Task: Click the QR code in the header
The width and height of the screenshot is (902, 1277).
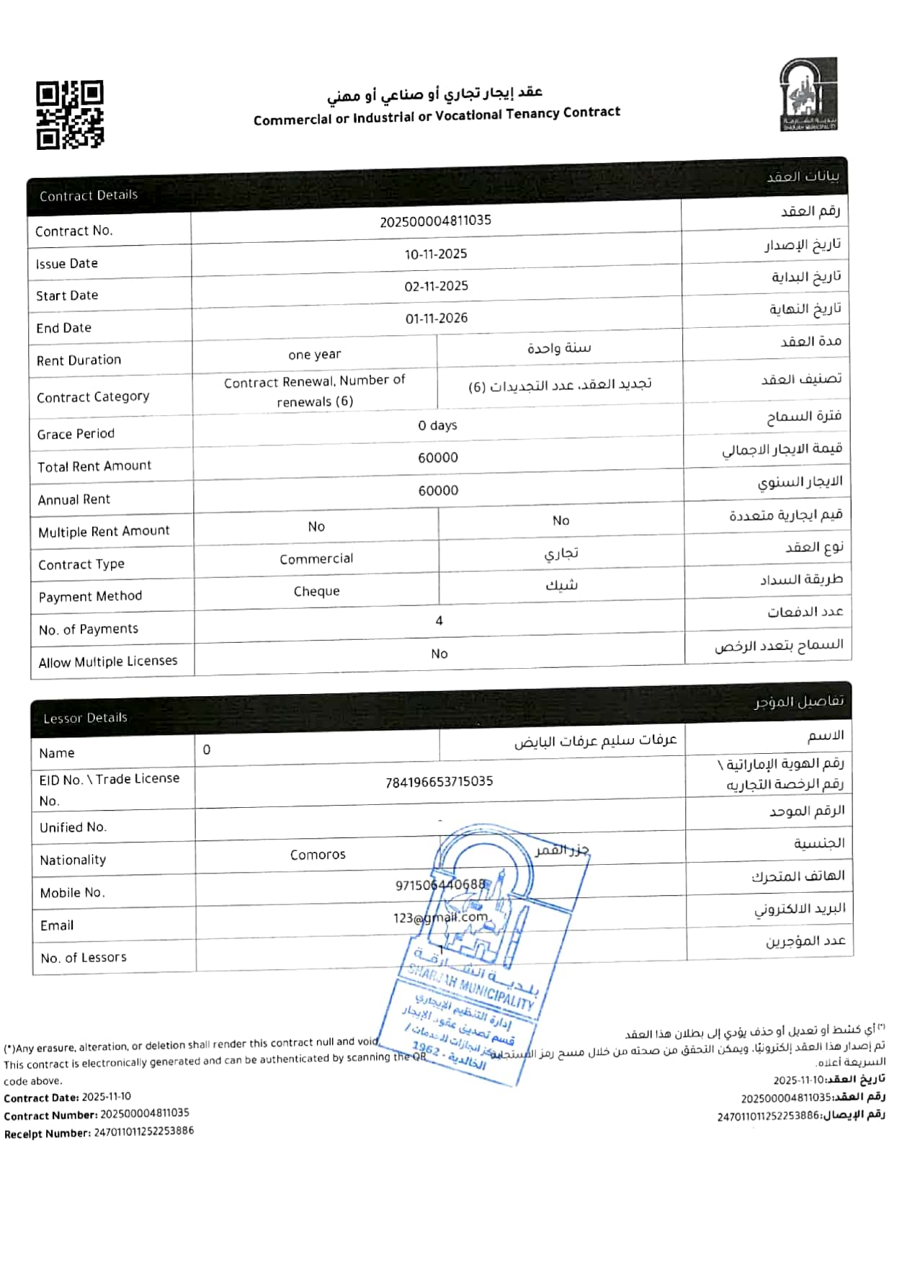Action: (x=70, y=115)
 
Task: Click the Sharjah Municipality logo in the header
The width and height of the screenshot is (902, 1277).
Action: (x=808, y=94)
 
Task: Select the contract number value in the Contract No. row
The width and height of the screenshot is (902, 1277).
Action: (x=435, y=221)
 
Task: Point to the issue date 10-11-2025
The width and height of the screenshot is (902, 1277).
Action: (x=435, y=254)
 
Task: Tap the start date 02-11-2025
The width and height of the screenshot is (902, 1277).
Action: (x=436, y=286)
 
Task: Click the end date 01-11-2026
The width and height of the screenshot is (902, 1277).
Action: (x=436, y=319)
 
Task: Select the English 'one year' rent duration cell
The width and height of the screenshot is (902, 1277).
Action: (x=314, y=355)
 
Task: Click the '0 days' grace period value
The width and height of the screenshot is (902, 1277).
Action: (x=437, y=425)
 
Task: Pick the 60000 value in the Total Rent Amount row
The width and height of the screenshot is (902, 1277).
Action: (x=437, y=458)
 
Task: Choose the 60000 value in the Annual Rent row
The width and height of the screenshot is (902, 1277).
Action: (x=438, y=491)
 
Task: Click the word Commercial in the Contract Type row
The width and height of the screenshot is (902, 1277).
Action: (x=316, y=559)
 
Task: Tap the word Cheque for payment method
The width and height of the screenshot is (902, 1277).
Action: (x=316, y=592)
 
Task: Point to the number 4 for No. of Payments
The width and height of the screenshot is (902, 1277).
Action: (x=439, y=620)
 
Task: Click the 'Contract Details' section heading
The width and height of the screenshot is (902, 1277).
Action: (x=88, y=195)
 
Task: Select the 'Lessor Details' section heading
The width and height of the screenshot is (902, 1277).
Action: (x=85, y=718)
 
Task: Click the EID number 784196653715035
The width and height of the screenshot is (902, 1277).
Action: (x=439, y=781)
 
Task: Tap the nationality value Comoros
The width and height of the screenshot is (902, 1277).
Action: (x=318, y=855)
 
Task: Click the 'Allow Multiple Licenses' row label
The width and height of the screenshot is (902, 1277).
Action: (x=107, y=662)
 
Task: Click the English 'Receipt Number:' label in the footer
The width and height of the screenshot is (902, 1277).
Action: (x=47, y=1133)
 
